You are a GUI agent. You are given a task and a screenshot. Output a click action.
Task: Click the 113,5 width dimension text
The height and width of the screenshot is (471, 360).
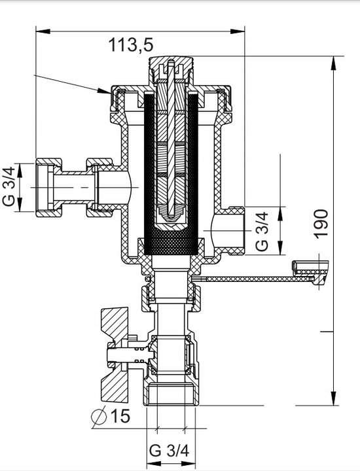coord(131,44)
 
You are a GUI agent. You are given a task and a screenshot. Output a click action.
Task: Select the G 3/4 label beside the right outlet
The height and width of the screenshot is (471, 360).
coord(261,230)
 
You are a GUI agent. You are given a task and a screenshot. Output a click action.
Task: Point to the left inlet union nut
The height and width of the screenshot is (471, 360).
coord(47,187)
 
